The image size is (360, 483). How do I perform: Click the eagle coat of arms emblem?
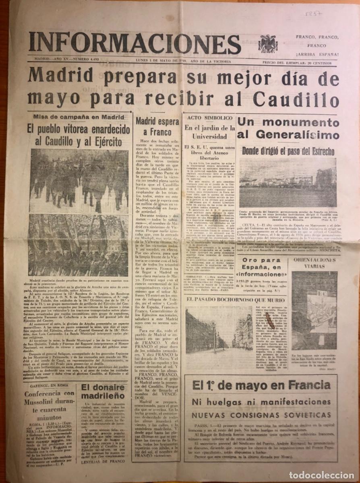click(x=268, y=43)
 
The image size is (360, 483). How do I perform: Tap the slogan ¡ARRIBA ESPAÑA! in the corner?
click(x=317, y=54)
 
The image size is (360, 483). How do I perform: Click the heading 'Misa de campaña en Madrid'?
click(x=79, y=117)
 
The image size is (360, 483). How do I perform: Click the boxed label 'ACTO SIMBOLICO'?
click(x=209, y=118)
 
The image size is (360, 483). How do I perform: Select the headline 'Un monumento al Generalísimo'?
click(x=288, y=128)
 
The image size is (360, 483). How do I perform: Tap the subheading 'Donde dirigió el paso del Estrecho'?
click(x=288, y=151)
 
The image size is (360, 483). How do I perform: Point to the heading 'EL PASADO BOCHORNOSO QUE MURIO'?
click(x=236, y=300)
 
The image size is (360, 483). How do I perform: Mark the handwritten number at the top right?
click(x=313, y=14)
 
